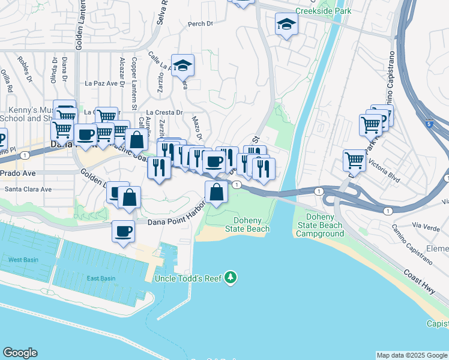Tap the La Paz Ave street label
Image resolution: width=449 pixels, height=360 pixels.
pyautogui.click(x=100, y=83)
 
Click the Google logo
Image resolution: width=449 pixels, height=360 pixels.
pyautogui.click(x=20, y=353)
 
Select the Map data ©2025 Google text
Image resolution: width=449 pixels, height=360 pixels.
pyautogui.click(x=411, y=355)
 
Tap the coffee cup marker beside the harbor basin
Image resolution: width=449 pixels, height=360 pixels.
pyautogui.click(x=124, y=231)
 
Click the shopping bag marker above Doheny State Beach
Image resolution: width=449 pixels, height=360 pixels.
pyautogui.click(x=216, y=192)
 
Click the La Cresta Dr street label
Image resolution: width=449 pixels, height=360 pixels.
pyautogui.click(x=164, y=112)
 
